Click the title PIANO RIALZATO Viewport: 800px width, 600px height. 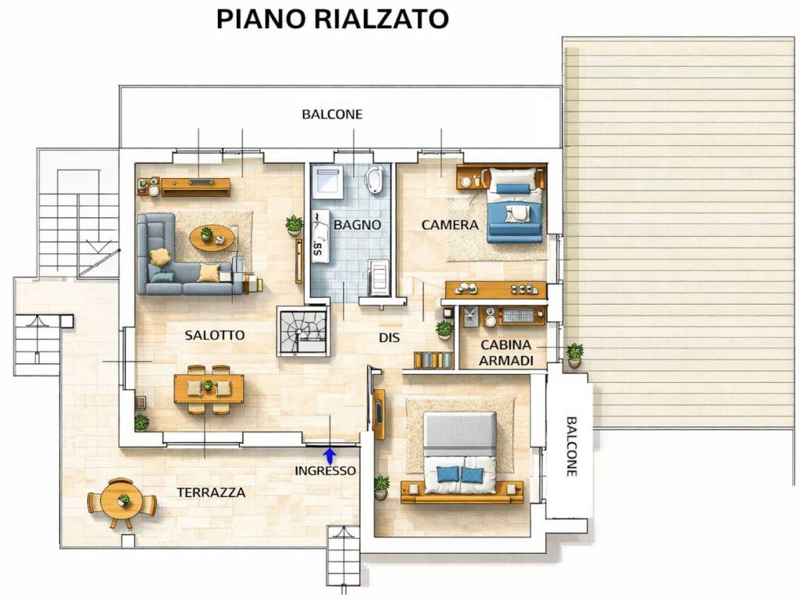click(x=332, y=19)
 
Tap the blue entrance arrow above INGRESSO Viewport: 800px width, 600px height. click(x=330, y=454)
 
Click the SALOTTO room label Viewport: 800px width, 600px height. click(x=215, y=335)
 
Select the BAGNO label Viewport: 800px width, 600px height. click(x=357, y=225)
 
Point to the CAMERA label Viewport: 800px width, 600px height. click(x=450, y=225)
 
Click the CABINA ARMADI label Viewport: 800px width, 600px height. click(x=506, y=352)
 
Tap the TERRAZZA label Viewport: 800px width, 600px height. click(x=211, y=492)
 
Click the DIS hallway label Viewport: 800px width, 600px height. click(x=390, y=337)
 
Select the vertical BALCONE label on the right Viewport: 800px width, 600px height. click(x=572, y=445)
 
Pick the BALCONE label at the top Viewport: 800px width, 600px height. click(x=332, y=114)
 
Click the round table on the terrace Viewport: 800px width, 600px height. click(x=122, y=502)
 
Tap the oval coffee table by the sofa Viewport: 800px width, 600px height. click(x=212, y=237)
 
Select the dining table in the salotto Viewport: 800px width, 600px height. click(x=209, y=387)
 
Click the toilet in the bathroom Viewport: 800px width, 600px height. click(x=374, y=179)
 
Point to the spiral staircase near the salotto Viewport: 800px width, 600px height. click(x=302, y=331)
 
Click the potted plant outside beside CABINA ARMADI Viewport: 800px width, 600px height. click(x=574, y=355)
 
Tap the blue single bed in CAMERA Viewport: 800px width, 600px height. click(x=515, y=205)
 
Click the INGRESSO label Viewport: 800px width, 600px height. click(x=325, y=470)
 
